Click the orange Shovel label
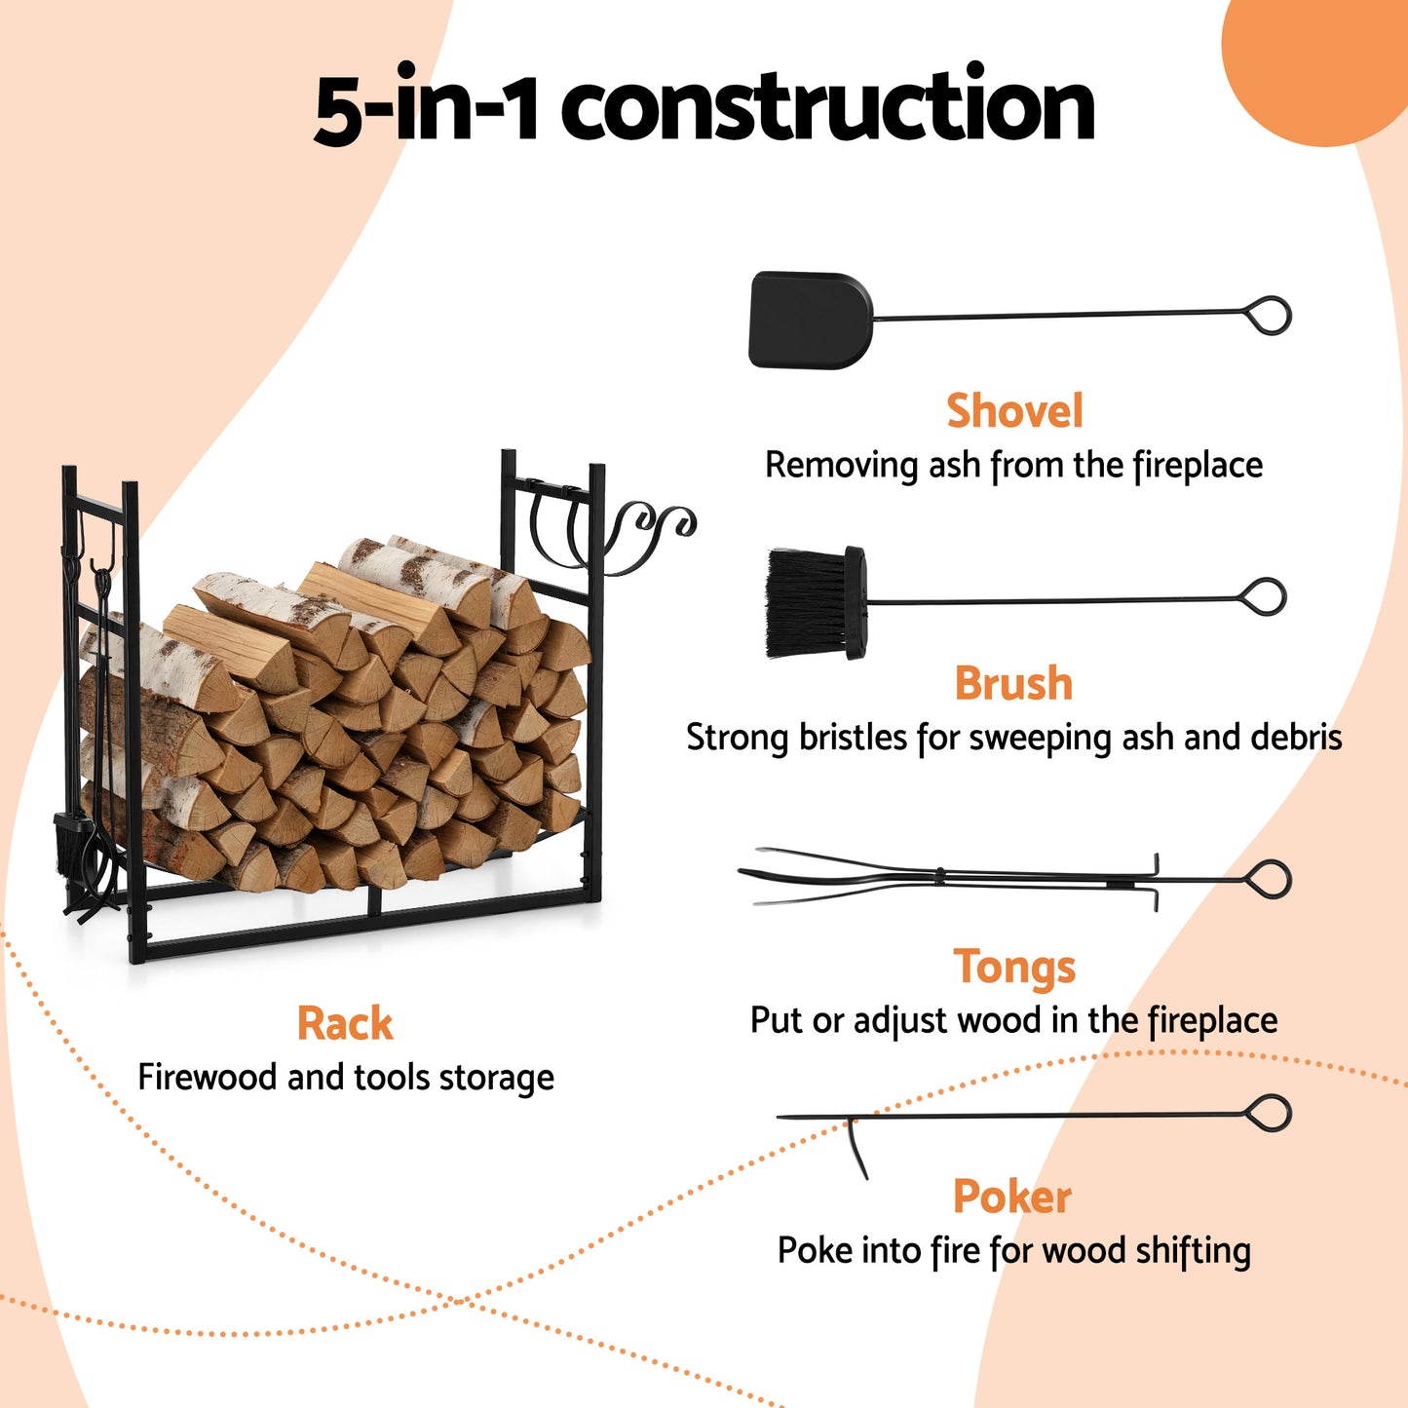coord(1014,411)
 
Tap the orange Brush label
coord(1013,684)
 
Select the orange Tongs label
coord(1014,967)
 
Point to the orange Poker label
coord(1012,1197)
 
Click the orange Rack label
coord(345,1024)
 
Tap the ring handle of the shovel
coord(1270,316)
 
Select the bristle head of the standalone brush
coord(806,602)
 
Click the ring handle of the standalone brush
coord(1265,596)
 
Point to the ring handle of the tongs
coord(1270,880)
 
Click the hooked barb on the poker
coord(856,1148)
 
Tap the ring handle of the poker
coord(1270,1113)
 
